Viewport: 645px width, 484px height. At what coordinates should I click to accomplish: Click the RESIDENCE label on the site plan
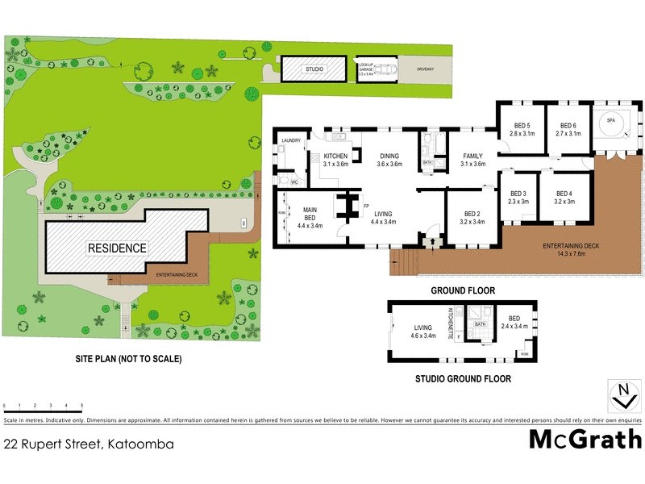click(118, 248)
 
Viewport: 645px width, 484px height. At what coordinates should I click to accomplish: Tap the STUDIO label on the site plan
click(314, 69)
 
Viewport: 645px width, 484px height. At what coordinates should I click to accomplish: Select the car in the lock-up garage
click(387, 69)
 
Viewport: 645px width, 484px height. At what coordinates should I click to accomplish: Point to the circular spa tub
click(610, 124)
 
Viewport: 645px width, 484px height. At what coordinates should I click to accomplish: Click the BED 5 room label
click(522, 129)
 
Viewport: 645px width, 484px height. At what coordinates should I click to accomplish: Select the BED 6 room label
click(568, 129)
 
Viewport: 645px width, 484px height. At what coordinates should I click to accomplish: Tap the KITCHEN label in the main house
click(335, 160)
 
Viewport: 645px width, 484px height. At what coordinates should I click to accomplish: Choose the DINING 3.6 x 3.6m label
click(389, 160)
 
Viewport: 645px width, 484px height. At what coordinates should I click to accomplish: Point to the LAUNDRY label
click(291, 141)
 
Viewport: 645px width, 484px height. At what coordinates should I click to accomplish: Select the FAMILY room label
click(472, 160)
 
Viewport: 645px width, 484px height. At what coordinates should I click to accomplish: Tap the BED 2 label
click(472, 215)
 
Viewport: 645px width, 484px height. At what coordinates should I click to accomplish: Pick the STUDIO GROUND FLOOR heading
click(463, 378)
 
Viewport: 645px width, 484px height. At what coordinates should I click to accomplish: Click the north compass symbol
click(622, 395)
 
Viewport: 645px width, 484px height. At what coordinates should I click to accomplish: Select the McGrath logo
click(585, 440)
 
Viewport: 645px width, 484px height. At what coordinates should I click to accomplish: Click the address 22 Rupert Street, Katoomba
click(89, 444)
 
